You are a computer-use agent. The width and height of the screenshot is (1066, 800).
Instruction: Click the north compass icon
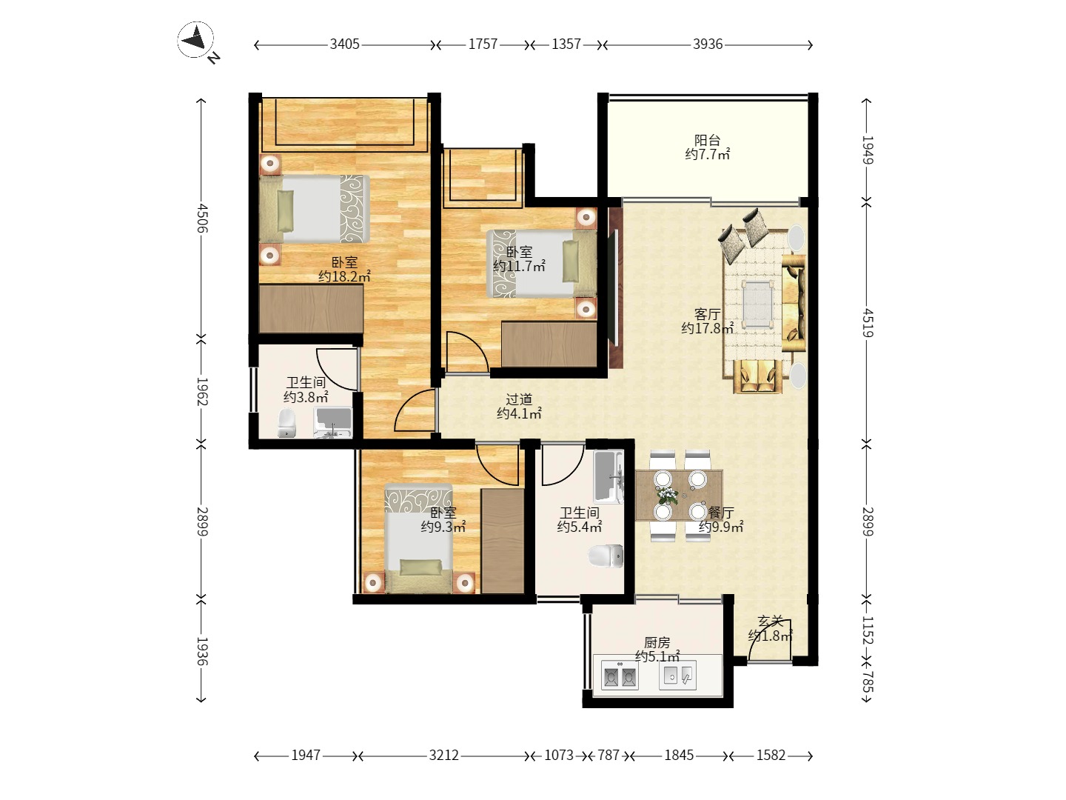tap(195, 40)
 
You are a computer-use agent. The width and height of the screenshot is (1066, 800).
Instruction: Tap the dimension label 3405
tap(344, 44)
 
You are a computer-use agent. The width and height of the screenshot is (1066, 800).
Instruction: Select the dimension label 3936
tap(708, 44)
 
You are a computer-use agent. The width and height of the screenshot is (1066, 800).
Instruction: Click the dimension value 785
tap(868, 681)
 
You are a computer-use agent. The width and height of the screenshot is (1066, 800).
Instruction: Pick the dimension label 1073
tap(558, 756)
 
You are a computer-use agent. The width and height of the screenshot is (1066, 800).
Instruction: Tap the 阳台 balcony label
tap(707, 141)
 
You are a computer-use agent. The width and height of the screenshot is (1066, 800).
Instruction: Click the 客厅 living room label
tap(707, 314)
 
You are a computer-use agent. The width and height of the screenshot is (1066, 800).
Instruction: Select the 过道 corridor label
tap(519, 399)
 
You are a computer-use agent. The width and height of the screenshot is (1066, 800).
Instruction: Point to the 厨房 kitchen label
tap(657, 643)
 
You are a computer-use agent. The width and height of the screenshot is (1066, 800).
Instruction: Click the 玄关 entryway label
tap(771, 621)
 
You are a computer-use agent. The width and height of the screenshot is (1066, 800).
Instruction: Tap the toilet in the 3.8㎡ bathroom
tap(287, 423)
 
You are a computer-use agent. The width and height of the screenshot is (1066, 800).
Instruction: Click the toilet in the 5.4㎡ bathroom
tap(606, 556)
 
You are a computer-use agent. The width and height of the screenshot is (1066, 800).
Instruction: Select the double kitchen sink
tap(620, 675)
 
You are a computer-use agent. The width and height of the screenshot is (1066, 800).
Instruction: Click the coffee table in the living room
tap(757, 304)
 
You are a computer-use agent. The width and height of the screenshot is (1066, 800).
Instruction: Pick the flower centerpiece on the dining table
tap(668, 496)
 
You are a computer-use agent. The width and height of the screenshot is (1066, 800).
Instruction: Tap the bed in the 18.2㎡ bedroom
tap(314, 209)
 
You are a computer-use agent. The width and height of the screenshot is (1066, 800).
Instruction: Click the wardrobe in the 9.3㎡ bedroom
tap(503, 541)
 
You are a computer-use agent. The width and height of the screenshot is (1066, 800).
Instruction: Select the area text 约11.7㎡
tap(519, 266)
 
